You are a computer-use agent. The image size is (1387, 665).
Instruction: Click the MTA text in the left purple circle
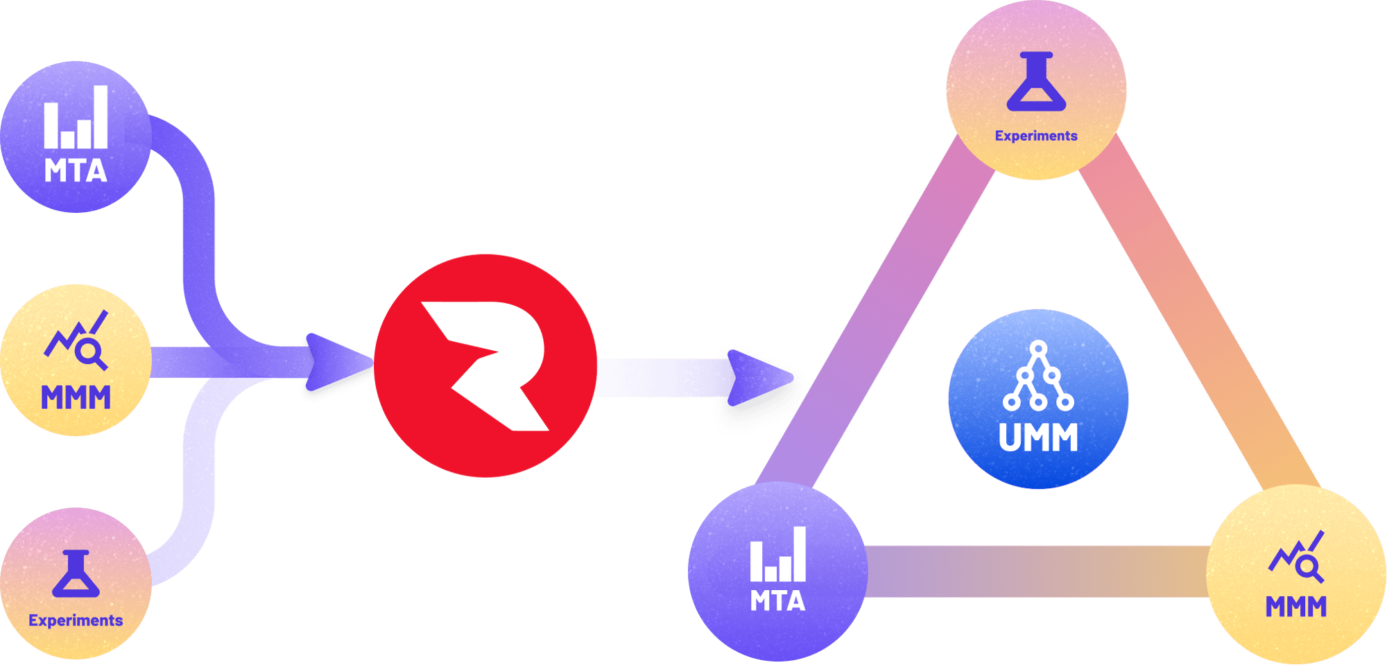[76, 171]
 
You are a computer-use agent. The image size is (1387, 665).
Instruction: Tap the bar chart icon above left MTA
[76, 118]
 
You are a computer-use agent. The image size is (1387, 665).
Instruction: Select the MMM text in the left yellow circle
[76, 398]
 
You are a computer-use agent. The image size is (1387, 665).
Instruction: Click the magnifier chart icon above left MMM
[77, 340]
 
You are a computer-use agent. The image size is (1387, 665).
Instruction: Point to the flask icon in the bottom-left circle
[76, 574]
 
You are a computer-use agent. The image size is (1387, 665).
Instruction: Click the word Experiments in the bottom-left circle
[76, 621]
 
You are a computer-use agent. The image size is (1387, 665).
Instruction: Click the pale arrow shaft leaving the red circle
[659, 378]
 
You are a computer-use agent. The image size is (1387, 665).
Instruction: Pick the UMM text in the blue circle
[1038, 438]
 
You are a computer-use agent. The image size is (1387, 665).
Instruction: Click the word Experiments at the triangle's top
[1036, 136]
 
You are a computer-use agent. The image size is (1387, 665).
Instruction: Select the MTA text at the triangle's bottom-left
[777, 601]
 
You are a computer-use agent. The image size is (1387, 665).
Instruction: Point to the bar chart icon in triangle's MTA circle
[777, 555]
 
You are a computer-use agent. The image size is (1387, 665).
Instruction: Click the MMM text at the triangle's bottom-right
[1295, 607]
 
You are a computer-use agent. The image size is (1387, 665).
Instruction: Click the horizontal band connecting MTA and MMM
[1037, 571]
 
